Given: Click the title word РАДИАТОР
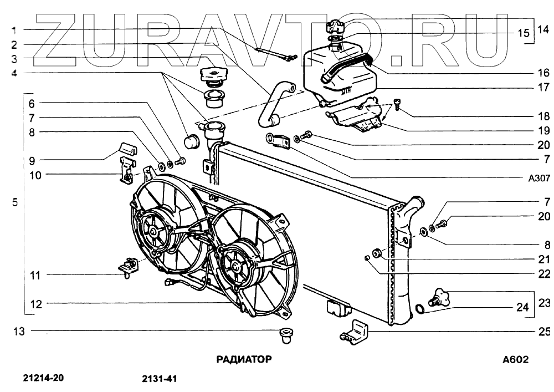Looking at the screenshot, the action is (244, 359).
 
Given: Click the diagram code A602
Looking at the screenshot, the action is (515, 359).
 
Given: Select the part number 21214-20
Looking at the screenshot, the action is (44, 379).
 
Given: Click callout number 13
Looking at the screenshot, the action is (19, 332).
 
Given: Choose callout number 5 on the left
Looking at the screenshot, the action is (15, 202).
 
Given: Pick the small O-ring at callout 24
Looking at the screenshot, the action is (420, 308).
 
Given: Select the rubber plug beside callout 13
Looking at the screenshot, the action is (285, 334).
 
